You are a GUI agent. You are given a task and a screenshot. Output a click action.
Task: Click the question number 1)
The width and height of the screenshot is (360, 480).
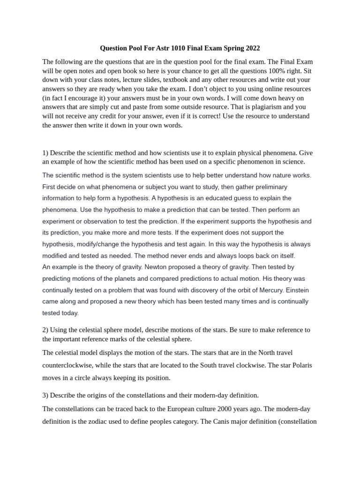45,153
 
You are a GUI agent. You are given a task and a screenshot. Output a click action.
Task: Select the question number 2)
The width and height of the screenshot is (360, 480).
45,330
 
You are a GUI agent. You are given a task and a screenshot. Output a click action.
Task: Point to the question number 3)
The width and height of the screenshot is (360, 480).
45,395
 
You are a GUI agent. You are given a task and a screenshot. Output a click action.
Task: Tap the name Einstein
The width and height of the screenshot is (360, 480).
297,290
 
